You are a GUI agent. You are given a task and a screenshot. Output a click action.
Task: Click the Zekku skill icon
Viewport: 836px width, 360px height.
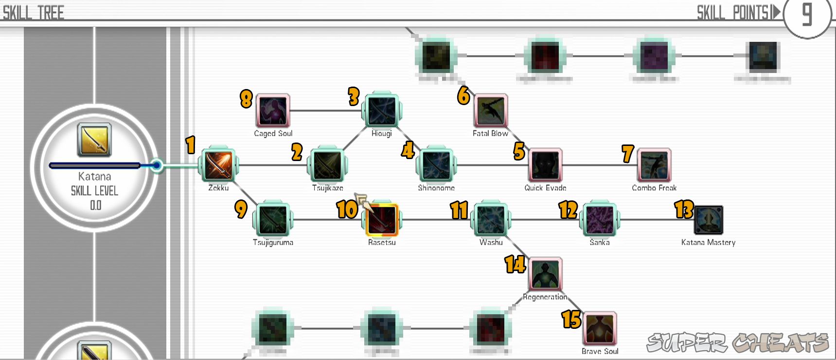pos(218,165)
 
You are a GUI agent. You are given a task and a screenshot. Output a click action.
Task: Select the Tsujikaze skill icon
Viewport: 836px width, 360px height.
pos(327,165)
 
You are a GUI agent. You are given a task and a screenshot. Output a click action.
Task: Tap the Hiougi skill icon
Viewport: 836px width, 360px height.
pos(382,111)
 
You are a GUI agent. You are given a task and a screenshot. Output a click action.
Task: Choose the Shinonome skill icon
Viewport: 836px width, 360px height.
pos(436,165)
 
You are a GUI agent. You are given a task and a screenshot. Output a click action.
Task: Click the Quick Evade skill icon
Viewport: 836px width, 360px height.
pos(545,165)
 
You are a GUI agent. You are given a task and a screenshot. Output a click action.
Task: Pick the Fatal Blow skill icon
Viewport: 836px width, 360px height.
pos(491,111)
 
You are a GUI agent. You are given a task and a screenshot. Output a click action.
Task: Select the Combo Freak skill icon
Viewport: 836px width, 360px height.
pos(654,165)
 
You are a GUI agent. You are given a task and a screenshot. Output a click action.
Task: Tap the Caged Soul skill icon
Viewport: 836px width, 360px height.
pos(273,111)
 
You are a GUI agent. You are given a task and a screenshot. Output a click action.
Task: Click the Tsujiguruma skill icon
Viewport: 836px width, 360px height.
pos(273,220)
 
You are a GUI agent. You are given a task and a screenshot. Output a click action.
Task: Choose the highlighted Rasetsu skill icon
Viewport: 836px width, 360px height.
pos(382,220)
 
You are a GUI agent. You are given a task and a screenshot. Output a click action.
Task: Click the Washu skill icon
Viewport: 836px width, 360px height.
pos(491,220)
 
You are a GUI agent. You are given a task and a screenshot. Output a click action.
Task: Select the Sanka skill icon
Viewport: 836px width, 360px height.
pos(600,220)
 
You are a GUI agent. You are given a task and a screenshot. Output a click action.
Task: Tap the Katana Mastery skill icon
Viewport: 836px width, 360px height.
pos(709,220)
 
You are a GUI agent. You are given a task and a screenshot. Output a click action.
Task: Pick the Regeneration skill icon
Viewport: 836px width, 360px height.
pos(545,274)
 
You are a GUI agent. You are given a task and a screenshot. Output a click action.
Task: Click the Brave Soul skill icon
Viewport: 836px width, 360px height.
pos(600,329)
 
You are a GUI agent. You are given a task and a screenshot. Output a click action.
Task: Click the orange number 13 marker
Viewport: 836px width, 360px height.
pos(684,209)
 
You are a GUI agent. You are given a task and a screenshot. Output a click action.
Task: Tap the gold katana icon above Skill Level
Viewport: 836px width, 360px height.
pos(94,140)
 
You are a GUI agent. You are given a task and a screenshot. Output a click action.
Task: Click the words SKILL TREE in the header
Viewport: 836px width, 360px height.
pos(34,13)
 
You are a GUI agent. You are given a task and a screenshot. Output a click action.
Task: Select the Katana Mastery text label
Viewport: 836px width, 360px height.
pos(708,242)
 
